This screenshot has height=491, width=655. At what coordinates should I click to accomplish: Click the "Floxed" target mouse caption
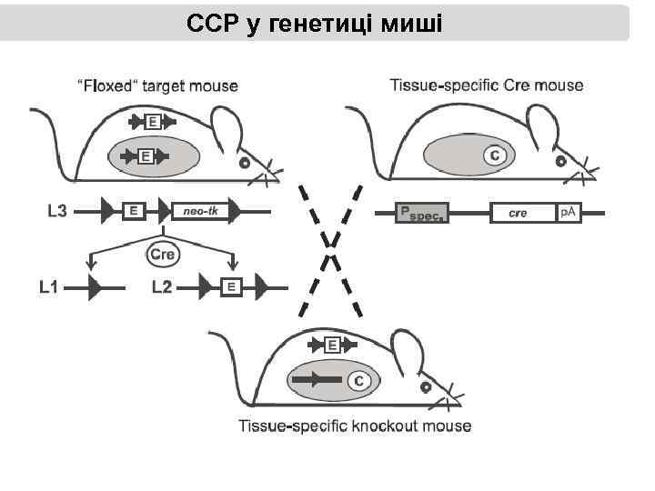(x=157, y=86)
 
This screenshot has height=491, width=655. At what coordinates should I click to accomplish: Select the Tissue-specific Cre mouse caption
(x=487, y=85)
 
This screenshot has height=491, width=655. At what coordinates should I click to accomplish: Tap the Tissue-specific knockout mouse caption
(x=356, y=426)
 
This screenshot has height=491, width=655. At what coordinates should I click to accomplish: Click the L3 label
(x=57, y=212)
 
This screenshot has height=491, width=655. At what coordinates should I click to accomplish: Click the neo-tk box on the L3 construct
(x=199, y=212)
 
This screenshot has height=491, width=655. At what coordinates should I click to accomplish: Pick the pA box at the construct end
(x=569, y=213)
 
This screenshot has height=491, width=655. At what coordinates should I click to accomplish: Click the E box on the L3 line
(x=133, y=212)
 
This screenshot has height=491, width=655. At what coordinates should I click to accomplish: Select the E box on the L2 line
(x=231, y=288)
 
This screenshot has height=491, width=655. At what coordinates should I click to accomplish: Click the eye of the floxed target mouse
(x=244, y=165)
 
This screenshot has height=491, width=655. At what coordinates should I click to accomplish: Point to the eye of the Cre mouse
(x=562, y=164)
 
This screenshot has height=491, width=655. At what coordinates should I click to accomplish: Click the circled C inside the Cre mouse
(x=495, y=156)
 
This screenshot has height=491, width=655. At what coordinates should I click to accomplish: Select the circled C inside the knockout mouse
(x=358, y=381)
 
